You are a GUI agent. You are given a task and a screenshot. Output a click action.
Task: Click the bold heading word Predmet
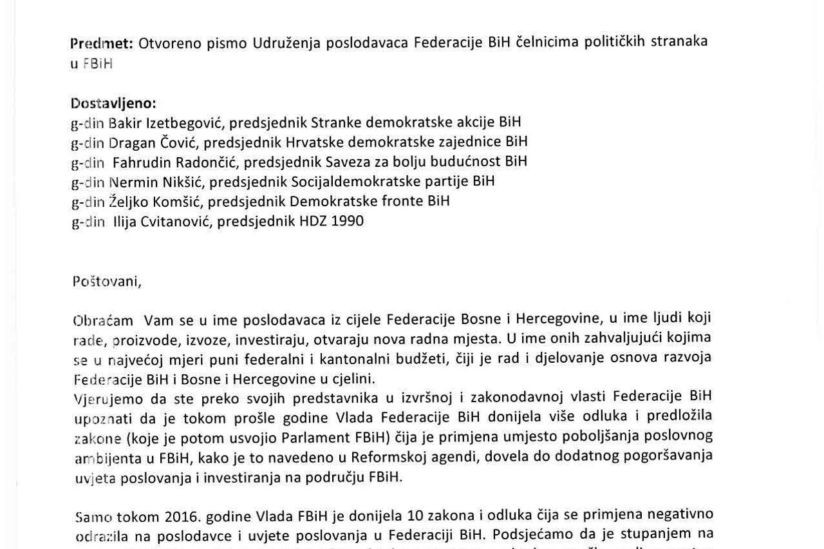click(101, 43)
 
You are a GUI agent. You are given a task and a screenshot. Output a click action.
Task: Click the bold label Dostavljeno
click(113, 103)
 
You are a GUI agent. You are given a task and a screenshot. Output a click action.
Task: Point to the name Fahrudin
click(141, 162)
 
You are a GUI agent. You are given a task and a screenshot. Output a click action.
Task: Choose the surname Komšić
click(177, 201)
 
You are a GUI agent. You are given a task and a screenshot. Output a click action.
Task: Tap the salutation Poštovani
click(106, 281)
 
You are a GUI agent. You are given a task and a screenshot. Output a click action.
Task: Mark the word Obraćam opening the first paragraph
click(103, 320)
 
